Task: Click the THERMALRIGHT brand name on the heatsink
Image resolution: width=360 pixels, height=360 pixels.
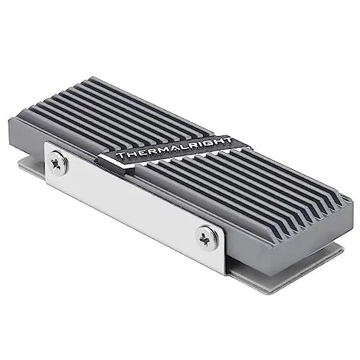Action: click(x=174, y=148)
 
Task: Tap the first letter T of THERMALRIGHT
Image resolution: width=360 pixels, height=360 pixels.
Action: click(x=122, y=155)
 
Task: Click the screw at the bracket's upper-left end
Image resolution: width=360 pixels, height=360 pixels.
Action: click(x=57, y=163)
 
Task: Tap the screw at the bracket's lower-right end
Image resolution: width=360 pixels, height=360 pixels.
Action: click(x=205, y=238)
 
